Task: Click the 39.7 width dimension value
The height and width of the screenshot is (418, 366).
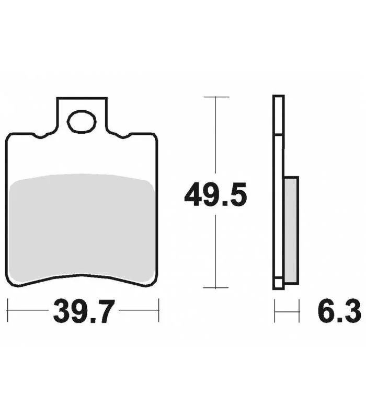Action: click(x=84, y=311)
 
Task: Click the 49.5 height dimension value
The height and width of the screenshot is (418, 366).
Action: click(x=215, y=194)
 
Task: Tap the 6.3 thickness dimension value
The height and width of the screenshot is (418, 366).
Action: click(x=339, y=311)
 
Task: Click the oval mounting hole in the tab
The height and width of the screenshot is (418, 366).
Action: click(x=82, y=122)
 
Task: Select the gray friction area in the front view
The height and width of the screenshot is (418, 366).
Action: click(x=82, y=228)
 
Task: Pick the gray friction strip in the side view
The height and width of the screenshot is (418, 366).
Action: click(x=291, y=230)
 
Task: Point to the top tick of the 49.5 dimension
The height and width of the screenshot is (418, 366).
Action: click(x=216, y=97)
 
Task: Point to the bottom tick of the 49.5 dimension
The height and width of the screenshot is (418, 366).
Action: click(x=215, y=288)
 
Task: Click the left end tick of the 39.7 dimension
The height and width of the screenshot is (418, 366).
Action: click(x=7, y=310)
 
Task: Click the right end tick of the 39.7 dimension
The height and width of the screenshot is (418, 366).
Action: click(x=159, y=310)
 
